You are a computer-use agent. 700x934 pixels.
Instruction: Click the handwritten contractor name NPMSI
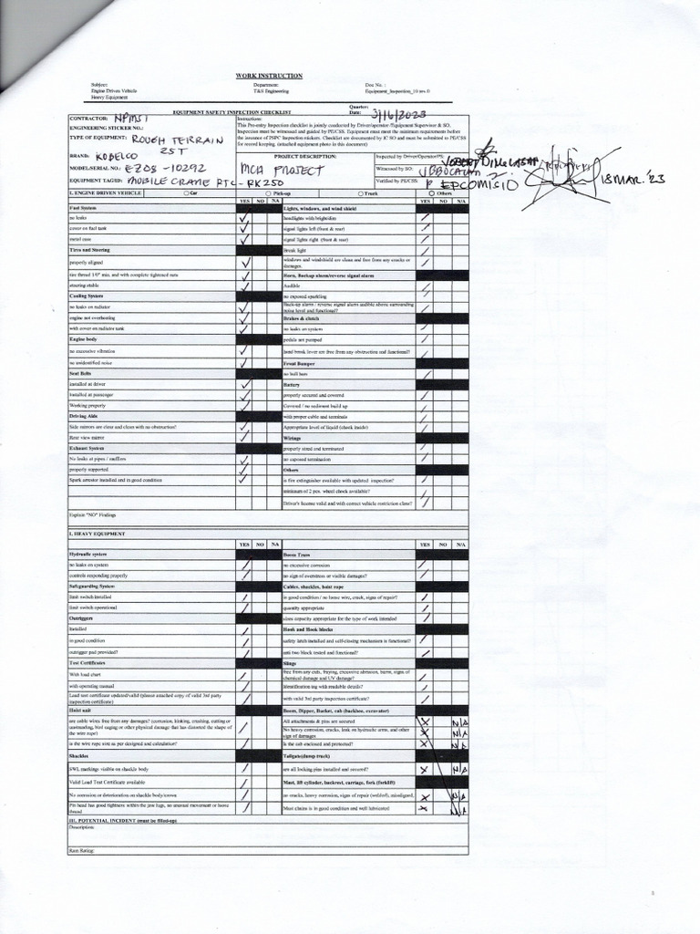click(135, 119)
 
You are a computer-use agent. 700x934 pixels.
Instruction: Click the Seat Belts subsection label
click(80, 373)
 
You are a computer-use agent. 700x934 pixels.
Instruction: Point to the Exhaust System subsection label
click(87, 448)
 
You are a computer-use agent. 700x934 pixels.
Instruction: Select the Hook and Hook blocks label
click(308, 629)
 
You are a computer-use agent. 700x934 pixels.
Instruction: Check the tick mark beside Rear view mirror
click(244, 437)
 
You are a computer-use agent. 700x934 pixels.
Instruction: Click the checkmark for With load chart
click(244, 675)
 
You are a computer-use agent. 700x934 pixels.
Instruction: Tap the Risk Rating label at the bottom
click(81, 850)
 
